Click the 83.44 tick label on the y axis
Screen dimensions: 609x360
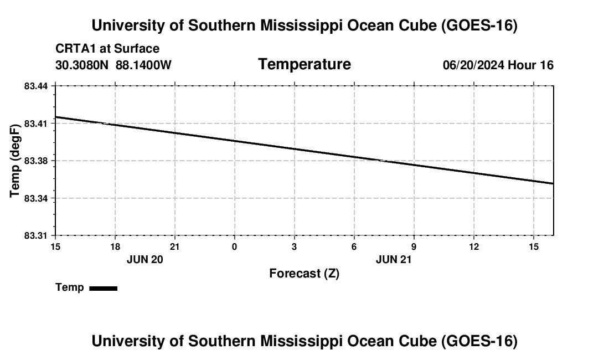point(36,86)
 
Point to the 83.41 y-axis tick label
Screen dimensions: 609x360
point(36,124)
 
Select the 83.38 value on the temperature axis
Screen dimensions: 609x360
point(36,161)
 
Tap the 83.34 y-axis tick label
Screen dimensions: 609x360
point(36,198)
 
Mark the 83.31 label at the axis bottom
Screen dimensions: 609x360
point(36,236)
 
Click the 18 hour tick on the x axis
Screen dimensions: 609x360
point(115,246)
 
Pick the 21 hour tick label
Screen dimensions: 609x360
point(175,246)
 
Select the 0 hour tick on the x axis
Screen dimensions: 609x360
point(235,246)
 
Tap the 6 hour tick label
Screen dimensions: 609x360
point(354,246)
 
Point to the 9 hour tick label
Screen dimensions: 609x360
point(414,246)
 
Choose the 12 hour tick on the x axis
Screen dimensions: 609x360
point(474,246)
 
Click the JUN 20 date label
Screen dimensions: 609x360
point(145,259)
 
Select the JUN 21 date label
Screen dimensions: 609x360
point(394,259)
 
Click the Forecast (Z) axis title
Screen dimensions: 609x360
point(304,274)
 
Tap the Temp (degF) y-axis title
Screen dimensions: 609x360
point(14,161)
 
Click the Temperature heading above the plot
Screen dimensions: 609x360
point(304,64)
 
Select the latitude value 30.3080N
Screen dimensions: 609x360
point(82,65)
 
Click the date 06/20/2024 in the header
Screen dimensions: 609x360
point(473,65)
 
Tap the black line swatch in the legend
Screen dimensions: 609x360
point(104,288)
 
